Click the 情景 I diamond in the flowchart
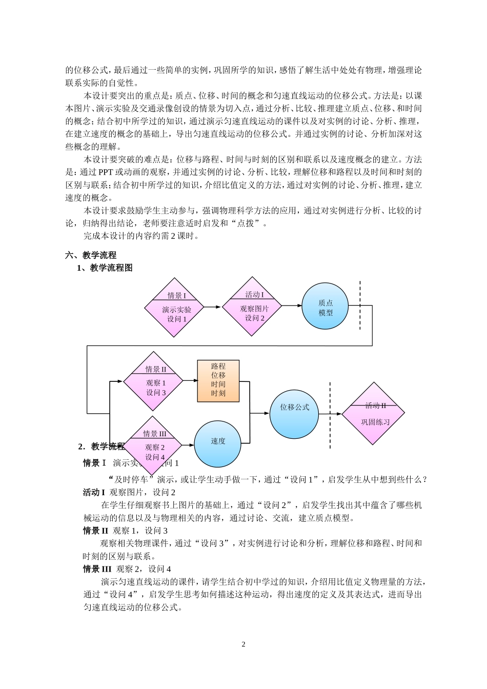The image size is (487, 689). point(174,307)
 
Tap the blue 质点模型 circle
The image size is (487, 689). point(325,307)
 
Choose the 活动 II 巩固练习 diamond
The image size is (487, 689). point(374,413)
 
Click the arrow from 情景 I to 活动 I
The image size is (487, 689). point(213,307)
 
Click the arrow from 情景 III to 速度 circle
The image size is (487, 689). point(187,444)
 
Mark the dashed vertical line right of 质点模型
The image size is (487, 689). point(360,306)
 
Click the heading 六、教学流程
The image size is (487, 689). point(91,255)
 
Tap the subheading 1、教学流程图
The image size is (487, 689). point(105,268)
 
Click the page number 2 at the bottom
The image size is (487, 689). point(243,644)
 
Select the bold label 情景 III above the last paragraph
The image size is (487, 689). point(97,569)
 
